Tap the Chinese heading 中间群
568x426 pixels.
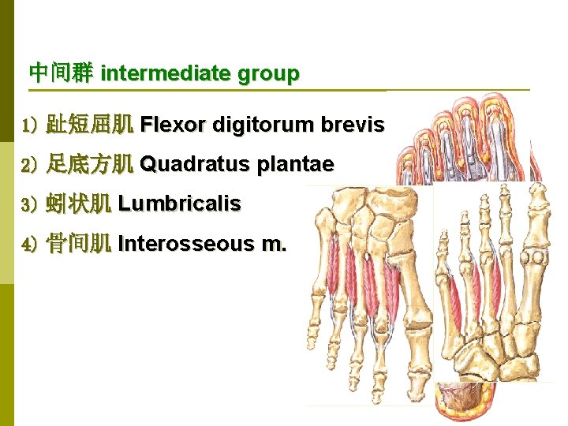coord(61,74)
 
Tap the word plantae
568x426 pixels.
coord(295,165)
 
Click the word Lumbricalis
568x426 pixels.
coord(179,204)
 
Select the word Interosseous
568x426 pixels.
coord(185,245)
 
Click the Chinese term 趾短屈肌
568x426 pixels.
coord(89,125)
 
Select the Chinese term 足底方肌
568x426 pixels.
coord(89,165)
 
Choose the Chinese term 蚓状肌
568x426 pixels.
coord(78,204)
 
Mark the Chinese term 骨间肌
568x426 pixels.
coord(78,245)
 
